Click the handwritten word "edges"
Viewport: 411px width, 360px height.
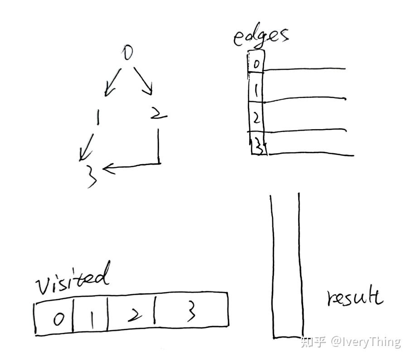click(x=261, y=37)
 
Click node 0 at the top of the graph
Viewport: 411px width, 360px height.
click(x=128, y=53)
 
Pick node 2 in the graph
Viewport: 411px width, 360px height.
click(x=158, y=114)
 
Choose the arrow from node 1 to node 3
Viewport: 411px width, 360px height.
click(x=88, y=146)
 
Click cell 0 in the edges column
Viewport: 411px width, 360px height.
click(x=256, y=64)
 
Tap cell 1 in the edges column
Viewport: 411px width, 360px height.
click(x=256, y=91)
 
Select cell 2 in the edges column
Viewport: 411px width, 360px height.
click(x=256, y=118)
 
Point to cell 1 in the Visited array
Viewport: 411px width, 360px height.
click(x=91, y=319)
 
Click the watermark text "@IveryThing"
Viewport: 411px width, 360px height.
click(x=366, y=341)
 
